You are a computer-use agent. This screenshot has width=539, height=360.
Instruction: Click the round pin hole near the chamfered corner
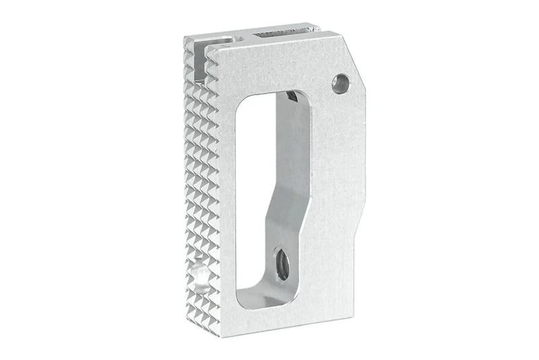tap(340, 84)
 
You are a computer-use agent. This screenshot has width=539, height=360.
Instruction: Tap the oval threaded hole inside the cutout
tap(282, 264)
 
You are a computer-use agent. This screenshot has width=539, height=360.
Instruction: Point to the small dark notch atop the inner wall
tap(291, 97)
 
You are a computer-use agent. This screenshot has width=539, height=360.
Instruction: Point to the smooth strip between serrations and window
tap(227, 202)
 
